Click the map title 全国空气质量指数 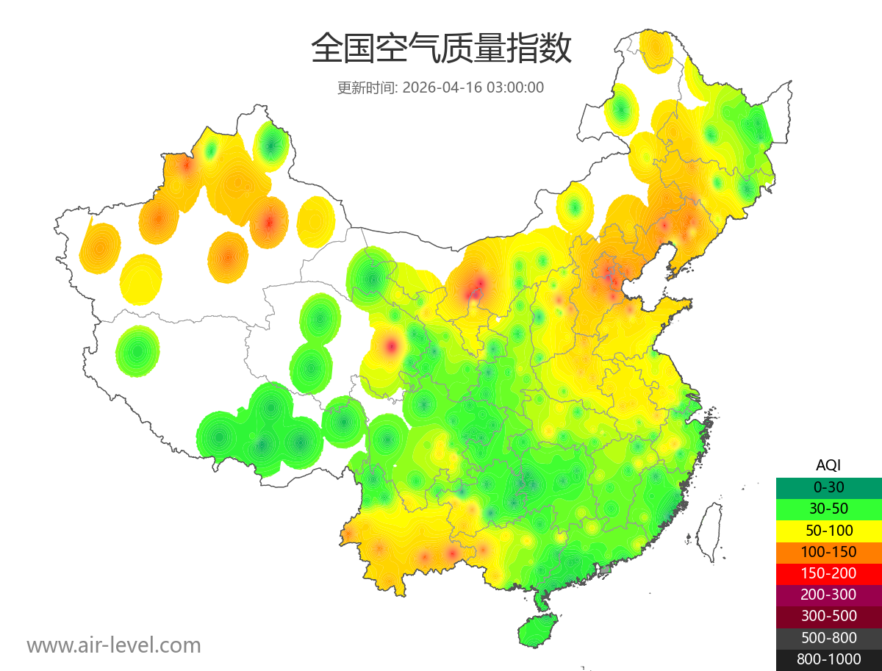[x=441, y=49]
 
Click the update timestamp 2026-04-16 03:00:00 [x=473, y=87]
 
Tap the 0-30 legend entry [x=828, y=487]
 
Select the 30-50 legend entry [x=828, y=509]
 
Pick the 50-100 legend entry [x=828, y=530]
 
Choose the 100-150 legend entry [x=828, y=552]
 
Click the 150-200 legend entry [x=828, y=573]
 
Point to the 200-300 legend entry [x=828, y=595]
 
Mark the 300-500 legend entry [x=828, y=616]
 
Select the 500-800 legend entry [x=828, y=638]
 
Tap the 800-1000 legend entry [x=828, y=659]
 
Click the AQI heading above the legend [x=828, y=465]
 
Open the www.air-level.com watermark [x=114, y=645]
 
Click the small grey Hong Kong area [x=606, y=570]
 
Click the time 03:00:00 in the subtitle [x=515, y=87]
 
